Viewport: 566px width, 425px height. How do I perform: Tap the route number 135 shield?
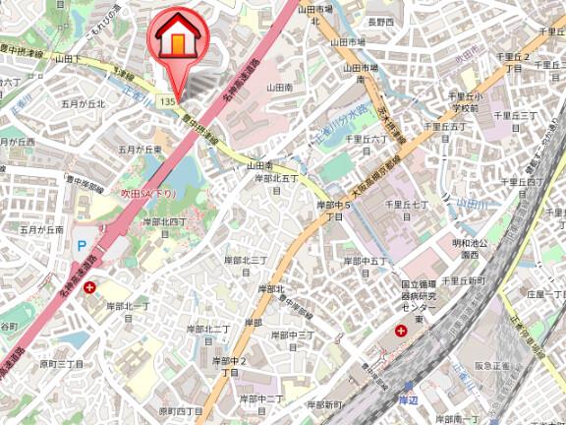(167, 102)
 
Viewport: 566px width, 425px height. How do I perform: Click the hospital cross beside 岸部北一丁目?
(90, 287)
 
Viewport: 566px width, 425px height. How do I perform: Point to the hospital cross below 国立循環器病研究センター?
(401, 332)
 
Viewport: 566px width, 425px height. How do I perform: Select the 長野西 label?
(381, 21)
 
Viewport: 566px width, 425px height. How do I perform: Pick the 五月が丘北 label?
(82, 102)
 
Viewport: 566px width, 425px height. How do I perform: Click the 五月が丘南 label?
(41, 228)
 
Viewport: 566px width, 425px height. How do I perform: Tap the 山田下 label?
(69, 59)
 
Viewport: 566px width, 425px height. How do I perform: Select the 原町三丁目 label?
(61, 363)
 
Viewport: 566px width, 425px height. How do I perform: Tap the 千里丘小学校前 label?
(463, 102)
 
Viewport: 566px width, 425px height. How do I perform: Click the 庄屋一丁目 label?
(545, 292)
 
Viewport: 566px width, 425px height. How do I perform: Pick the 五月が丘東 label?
(139, 149)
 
